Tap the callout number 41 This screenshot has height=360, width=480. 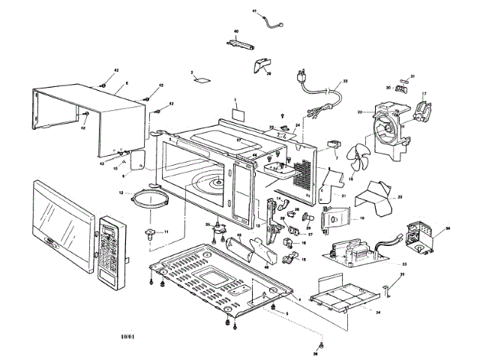pos(254,12)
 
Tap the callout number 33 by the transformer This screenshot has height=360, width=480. pos(404,264)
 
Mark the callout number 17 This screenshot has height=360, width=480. pos(424,94)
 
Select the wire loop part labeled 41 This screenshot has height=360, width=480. pos(270,20)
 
